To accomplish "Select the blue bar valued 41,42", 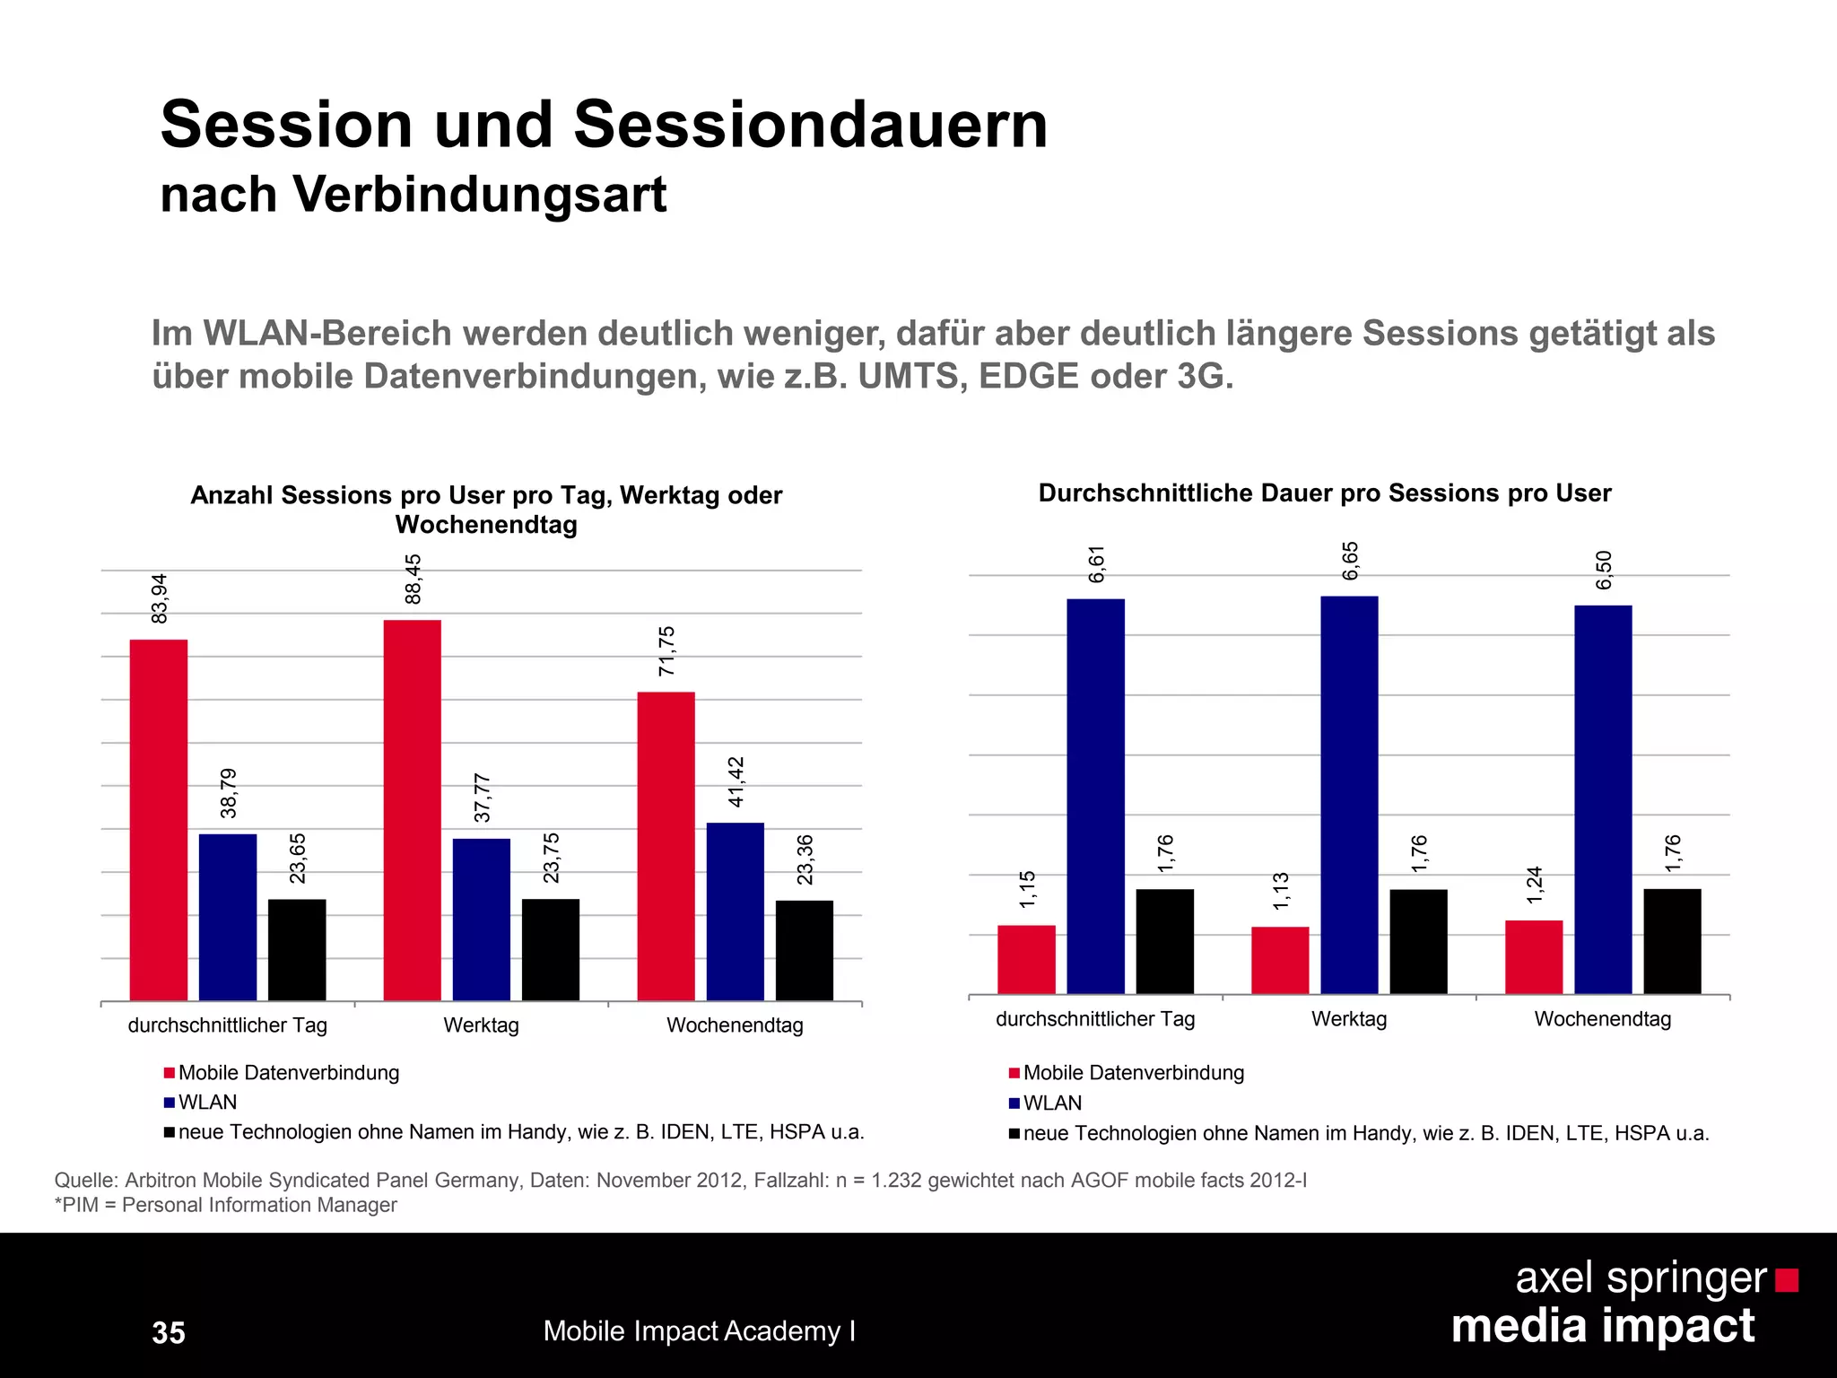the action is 735,911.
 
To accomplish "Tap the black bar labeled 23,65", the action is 297,949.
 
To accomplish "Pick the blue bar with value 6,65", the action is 1349,795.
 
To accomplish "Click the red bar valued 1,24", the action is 1534,956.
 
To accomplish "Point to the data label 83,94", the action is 160,598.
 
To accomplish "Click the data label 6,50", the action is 1604,571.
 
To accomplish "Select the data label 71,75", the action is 666,651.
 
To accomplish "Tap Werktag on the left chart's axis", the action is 481,1025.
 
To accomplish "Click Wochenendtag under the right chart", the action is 1602,1019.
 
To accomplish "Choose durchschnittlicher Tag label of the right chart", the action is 1095,1019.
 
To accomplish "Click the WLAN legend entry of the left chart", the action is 207,1103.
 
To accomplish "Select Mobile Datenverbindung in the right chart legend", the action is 1133,1073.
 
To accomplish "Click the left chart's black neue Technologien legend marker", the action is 169,1132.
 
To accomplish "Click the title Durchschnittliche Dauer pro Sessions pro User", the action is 1324,493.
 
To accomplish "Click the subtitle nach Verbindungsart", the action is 414,195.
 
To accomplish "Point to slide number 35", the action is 169,1332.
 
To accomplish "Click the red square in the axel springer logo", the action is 1787,1280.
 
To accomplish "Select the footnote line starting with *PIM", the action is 225,1205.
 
